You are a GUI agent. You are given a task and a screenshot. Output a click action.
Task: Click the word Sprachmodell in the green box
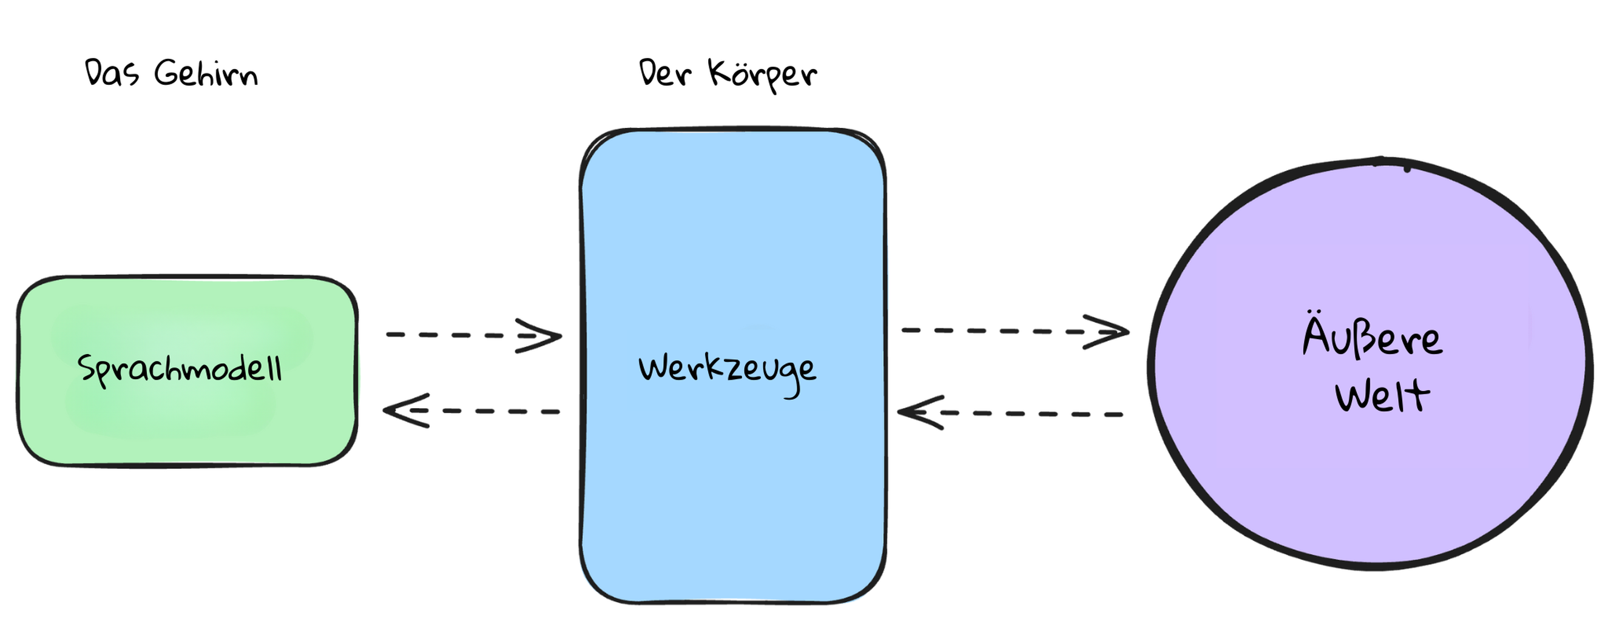point(180,369)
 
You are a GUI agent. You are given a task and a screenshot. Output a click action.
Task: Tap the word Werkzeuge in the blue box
point(727,372)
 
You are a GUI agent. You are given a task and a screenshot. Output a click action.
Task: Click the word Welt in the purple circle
point(1382,395)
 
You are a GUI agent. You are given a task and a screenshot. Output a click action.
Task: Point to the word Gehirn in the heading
point(205,73)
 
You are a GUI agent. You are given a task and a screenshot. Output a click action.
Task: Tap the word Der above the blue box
point(665,72)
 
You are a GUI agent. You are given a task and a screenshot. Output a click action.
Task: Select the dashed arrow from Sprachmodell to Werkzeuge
point(474,336)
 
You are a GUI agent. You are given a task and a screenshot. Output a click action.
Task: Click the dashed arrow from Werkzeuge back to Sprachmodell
point(471,411)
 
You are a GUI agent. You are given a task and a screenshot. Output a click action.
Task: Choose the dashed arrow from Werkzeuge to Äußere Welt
point(1016,331)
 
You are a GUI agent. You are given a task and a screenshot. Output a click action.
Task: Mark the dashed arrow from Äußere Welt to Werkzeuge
point(1010,413)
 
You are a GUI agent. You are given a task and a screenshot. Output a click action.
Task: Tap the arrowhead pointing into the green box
point(406,411)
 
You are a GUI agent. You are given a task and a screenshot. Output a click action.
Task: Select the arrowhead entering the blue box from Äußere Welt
point(920,412)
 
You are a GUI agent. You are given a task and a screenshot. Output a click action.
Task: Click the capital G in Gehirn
point(167,73)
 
